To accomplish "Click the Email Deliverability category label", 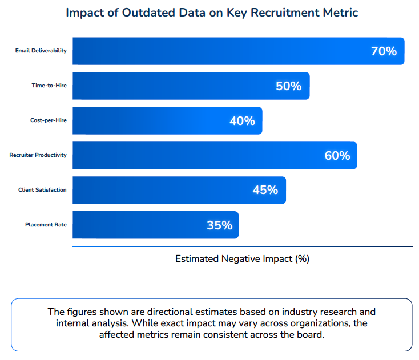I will click(x=41, y=51).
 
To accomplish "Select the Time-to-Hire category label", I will click(x=49, y=86).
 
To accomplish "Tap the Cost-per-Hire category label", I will click(x=49, y=120).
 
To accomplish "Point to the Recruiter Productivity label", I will click(x=38, y=155).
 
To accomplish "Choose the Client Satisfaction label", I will click(x=42, y=190).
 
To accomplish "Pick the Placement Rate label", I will click(x=46, y=225).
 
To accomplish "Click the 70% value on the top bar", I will click(x=384, y=51).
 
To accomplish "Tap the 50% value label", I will click(x=288, y=86).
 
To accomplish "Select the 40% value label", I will click(x=242, y=121).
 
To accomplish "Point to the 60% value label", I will click(x=337, y=156).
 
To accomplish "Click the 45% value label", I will click(x=265, y=191).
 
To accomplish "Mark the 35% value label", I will click(x=220, y=225).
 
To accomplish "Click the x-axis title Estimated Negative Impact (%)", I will click(x=242, y=258).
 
